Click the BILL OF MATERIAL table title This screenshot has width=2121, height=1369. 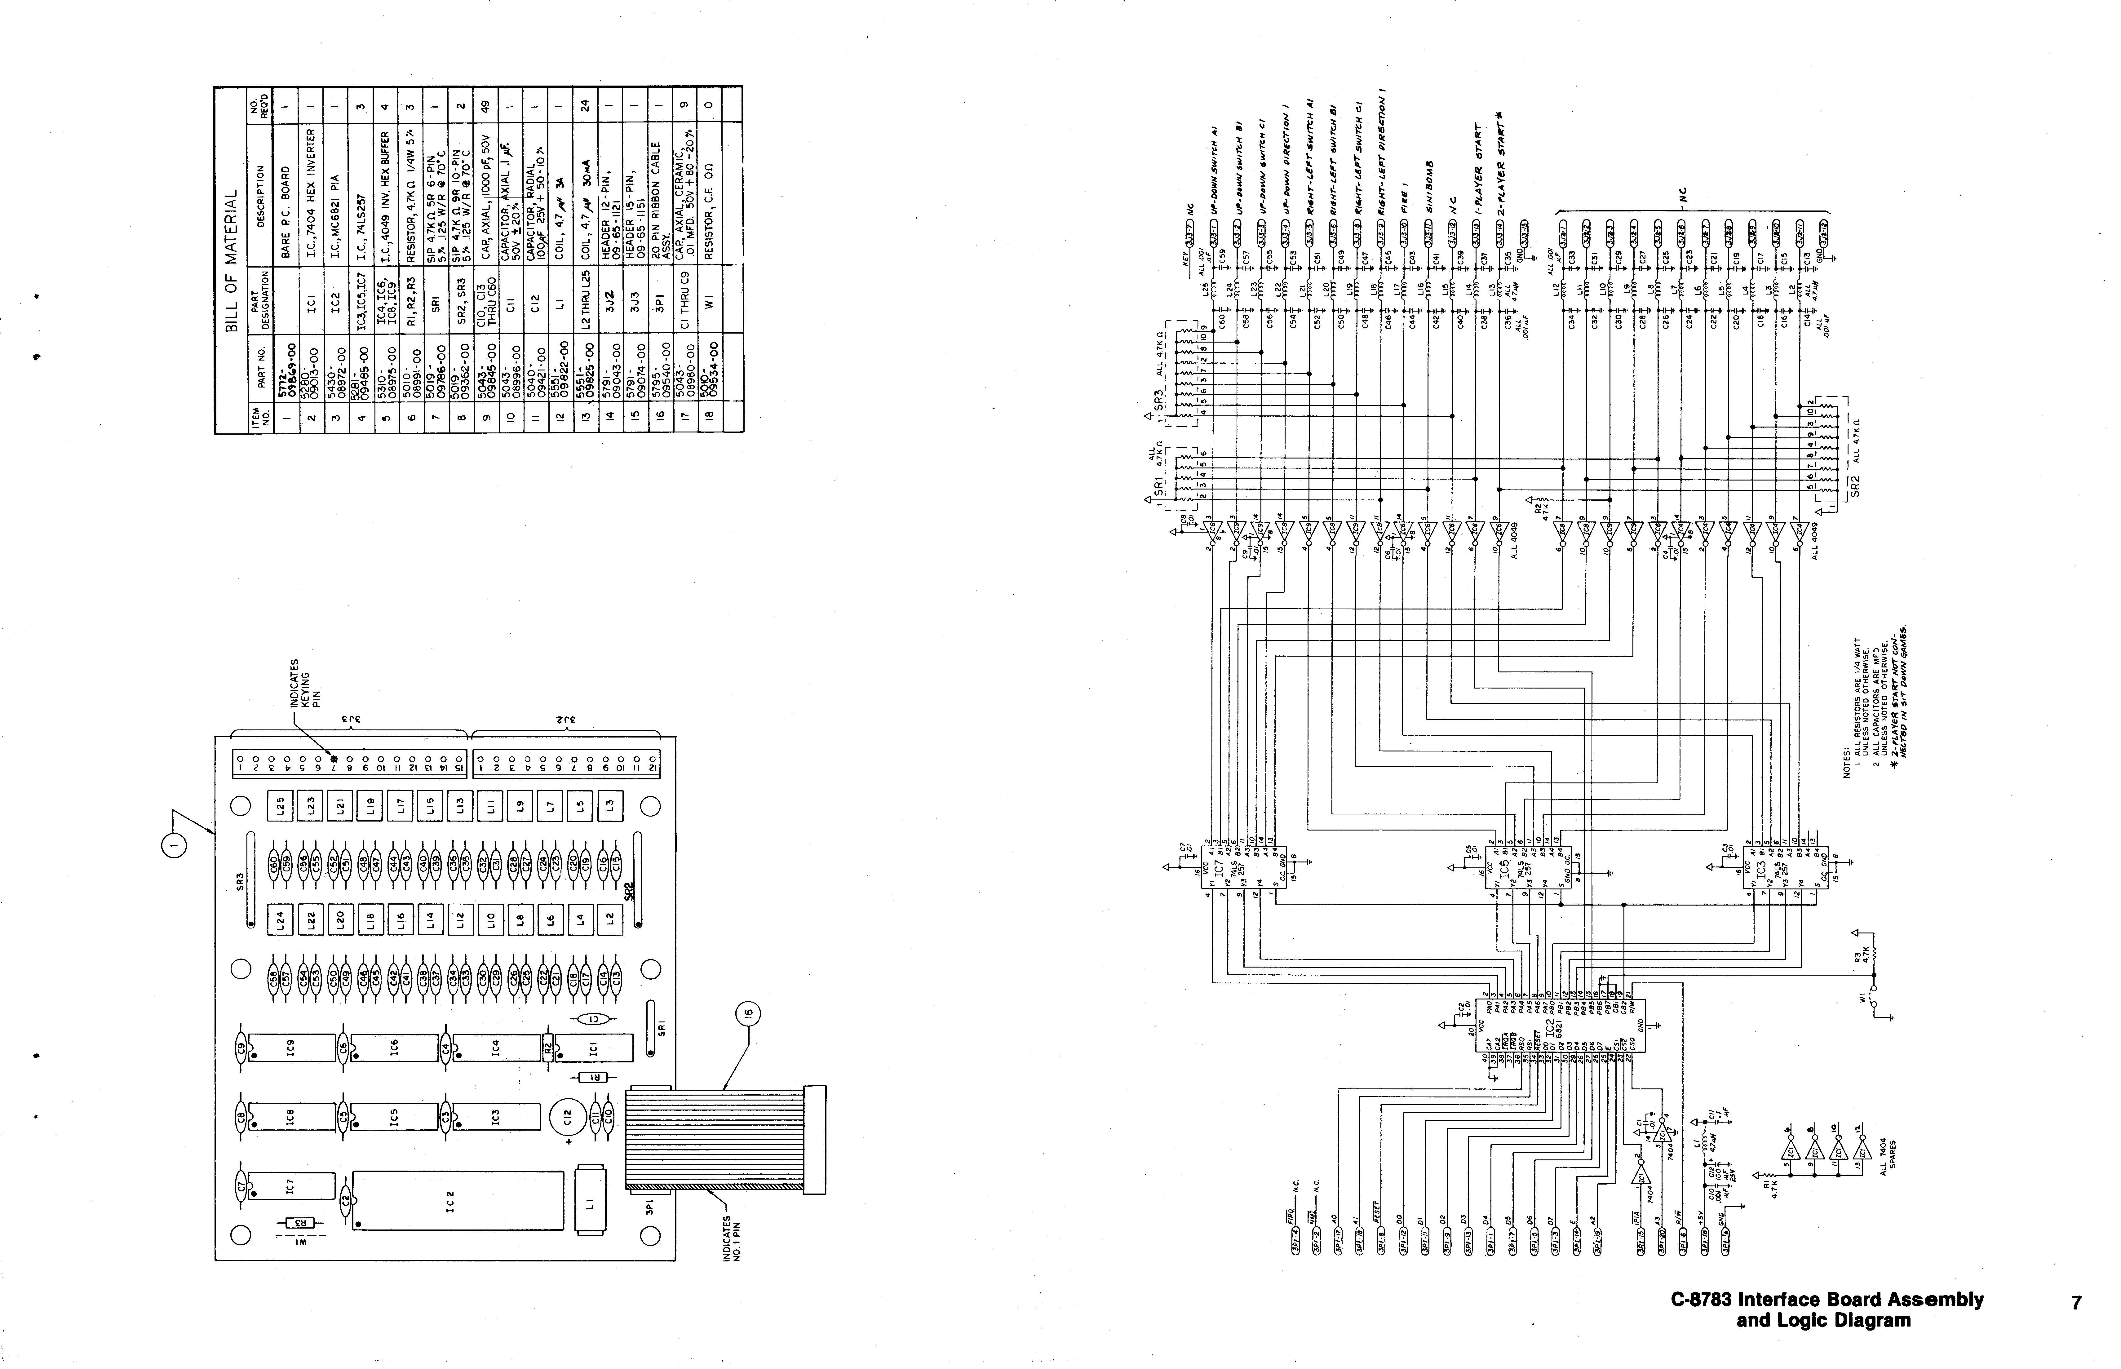[x=233, y=258]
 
